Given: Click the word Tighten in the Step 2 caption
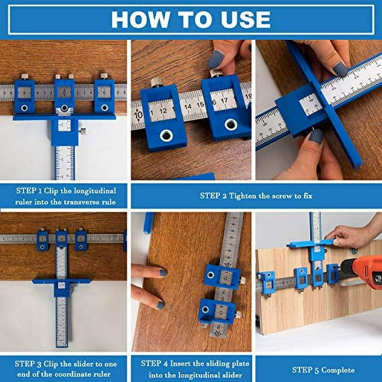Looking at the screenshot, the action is [242, 195].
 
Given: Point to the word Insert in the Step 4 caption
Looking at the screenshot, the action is [181, 364].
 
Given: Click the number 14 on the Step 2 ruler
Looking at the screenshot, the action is [188, 106].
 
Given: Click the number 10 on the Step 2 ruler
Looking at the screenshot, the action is [138, 114].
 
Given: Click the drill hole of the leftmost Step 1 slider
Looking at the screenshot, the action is [24, 108].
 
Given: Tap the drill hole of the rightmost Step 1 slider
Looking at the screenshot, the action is [104, 107].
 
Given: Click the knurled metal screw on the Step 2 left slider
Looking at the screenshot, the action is [156, 83].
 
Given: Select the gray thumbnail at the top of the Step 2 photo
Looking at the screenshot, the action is [216, 59].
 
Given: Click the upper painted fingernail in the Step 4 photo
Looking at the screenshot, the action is [163, 273].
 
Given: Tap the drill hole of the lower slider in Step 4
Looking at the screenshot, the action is [205, 310].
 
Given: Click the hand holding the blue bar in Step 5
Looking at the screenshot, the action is [351, 234].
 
